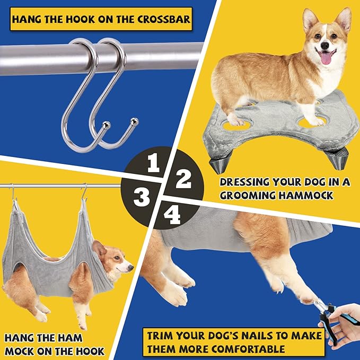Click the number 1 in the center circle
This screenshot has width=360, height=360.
click(154, 164)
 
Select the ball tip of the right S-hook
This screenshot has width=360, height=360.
click(135, 121)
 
